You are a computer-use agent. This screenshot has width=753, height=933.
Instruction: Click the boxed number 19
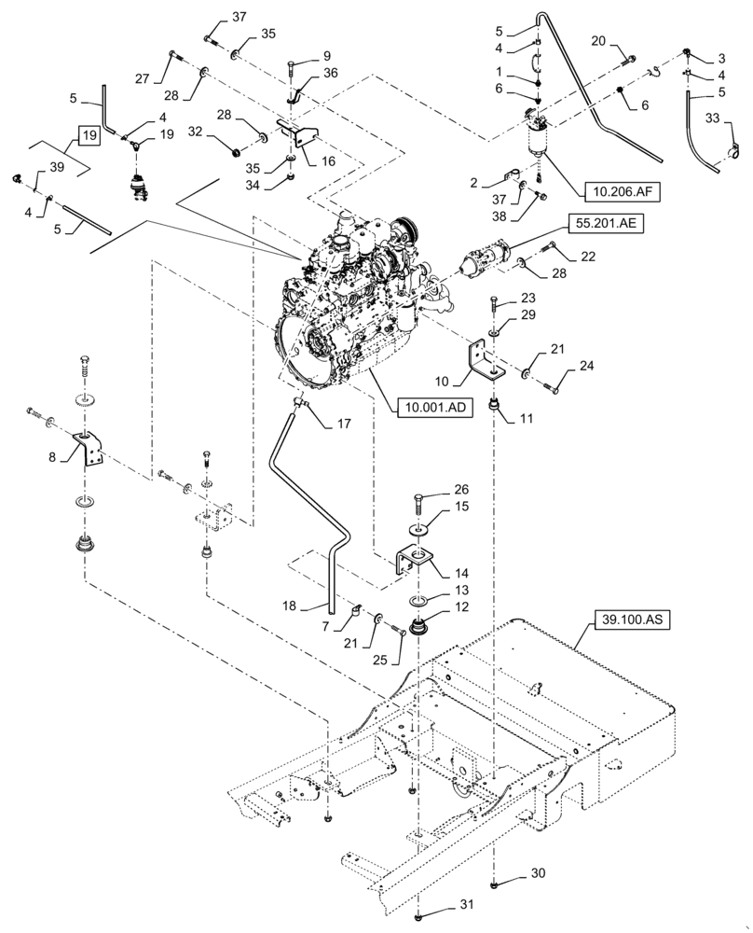pyautogui.click(x=89, y=135)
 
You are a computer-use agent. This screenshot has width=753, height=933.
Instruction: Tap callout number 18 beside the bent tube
pyautogui.click(x=291, y=606)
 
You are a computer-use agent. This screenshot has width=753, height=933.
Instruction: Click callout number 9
pyautogui.click(x=326, y=55)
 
